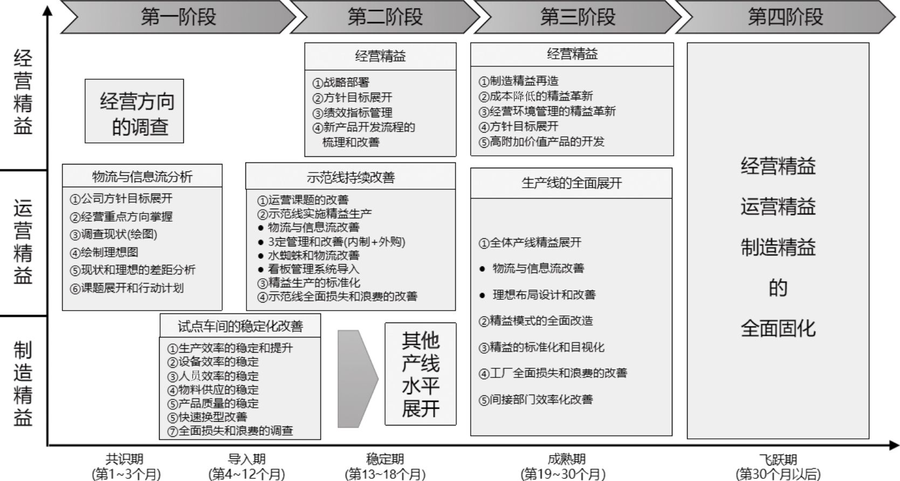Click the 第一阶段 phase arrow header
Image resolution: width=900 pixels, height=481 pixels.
[x=178, y=17]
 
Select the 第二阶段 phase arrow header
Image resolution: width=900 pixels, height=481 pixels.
[x=384, y=17]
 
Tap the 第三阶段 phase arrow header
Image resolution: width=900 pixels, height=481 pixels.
[x=577, y=17]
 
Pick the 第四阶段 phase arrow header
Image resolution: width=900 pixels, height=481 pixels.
[x=785, y=17]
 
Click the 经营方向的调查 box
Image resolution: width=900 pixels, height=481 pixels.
[x=134, y=112]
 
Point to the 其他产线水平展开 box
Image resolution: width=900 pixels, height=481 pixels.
[x=420, y=374]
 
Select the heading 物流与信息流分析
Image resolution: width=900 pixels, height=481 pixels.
[x=142, y=176]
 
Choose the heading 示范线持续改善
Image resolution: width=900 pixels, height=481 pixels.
[x=351, y=177]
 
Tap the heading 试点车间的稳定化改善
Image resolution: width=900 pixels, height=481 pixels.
[x=240, y=326]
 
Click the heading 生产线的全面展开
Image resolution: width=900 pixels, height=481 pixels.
[x=571, y=183]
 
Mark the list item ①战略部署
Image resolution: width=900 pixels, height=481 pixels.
[x=341, y=83]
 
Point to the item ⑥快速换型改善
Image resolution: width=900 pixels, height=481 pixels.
[x=207, y=417]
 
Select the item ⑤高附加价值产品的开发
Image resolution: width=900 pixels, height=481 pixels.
[x=541, y=142]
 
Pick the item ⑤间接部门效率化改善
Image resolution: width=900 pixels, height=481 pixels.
[x=535, y=400]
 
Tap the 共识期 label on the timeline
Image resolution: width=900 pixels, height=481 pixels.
[x=125, y=459]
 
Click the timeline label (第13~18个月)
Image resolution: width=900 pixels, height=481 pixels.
[x=385, y=474]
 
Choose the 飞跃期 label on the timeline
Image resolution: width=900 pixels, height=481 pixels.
[x=778, y=459]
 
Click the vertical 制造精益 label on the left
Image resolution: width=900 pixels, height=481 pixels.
[x=23, y=383]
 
